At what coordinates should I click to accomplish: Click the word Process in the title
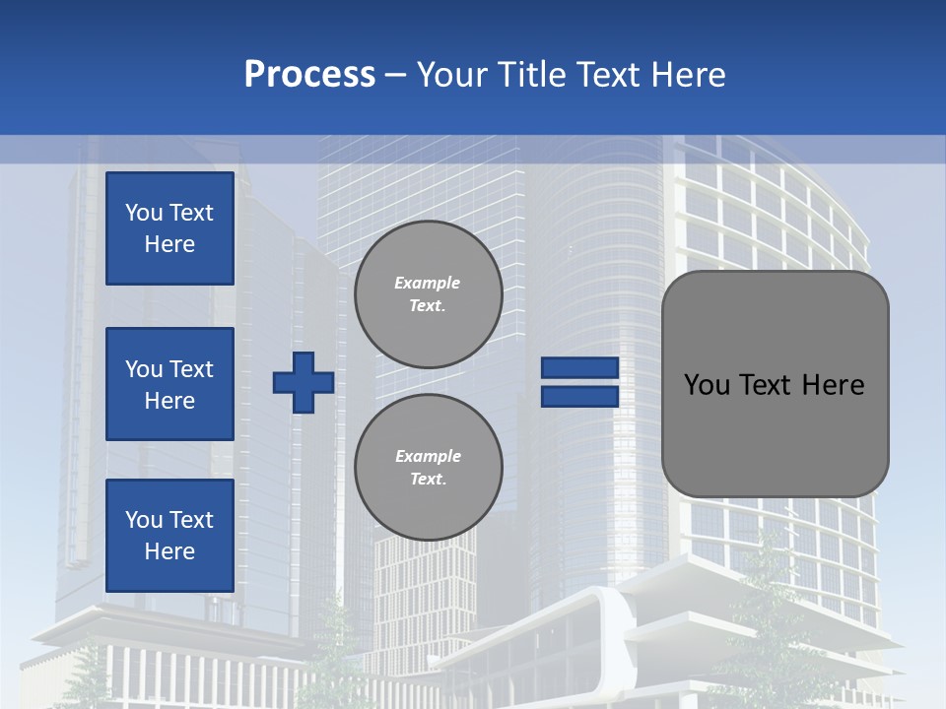[x=309, y=75]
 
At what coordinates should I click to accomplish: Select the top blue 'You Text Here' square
[x=169, y=228]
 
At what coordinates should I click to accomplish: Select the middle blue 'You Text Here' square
[x=169, y=384]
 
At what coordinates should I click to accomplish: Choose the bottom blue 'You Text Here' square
[x=169, y=536]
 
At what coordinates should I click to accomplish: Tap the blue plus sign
[x=304, y=382]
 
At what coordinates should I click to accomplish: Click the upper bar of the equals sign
[x=579, y=367]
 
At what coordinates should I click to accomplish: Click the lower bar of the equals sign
[x=579, y=397]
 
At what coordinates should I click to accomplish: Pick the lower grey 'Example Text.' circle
[x=428, y=467]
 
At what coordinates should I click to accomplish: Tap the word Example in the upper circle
[x=428, y=283]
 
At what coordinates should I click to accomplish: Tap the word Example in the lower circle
[x=428, y=456]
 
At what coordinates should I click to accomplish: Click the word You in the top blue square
[x=144, y=213]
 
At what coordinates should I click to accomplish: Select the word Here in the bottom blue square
[x=169, y=551]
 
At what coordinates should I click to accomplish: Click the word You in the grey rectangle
[x=707, y=385]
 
